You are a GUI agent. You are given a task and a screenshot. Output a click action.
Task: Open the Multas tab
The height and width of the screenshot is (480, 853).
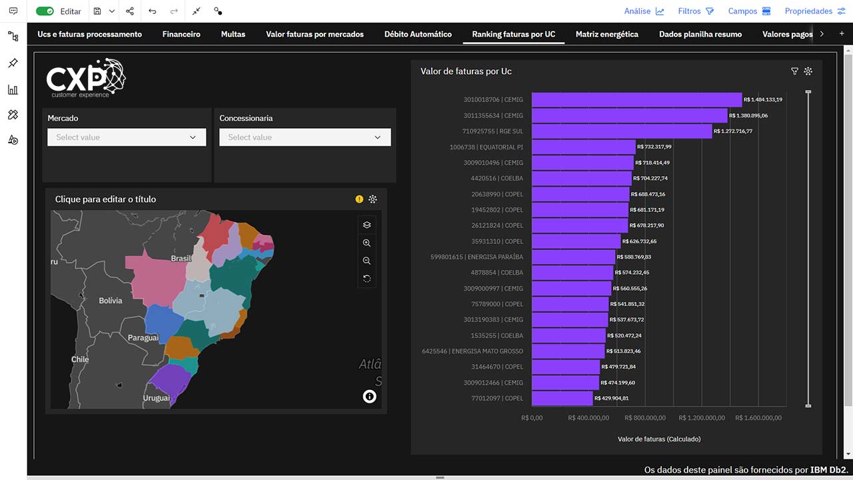[233, 34]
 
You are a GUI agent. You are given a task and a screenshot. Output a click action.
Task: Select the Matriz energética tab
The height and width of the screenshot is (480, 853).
[606, 34]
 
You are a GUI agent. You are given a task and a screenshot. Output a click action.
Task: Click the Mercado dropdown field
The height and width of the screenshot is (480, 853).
[127, 137]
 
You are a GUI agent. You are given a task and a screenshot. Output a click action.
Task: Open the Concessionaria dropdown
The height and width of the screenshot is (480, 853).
[305, 137]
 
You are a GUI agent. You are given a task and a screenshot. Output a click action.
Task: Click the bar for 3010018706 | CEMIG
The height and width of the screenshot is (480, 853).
[636, 100]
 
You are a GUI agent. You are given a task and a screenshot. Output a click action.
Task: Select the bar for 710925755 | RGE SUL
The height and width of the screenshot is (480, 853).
[622, 131]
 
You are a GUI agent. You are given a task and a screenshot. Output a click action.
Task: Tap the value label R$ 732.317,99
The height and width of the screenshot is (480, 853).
[654, 147]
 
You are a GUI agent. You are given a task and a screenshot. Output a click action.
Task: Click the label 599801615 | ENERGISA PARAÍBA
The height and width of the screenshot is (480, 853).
[476, 257]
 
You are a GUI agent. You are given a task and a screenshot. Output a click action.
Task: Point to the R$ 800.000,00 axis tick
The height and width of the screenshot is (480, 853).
[645, 418]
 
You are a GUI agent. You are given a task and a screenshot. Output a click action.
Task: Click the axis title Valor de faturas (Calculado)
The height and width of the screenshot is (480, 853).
[659, 439]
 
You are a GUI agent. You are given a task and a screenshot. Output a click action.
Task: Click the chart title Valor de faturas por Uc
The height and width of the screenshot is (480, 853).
[466, 71]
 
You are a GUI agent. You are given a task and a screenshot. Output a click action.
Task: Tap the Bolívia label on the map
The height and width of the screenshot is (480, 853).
[111, 301]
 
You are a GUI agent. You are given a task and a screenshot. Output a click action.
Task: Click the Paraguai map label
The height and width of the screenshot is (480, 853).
[143, 338]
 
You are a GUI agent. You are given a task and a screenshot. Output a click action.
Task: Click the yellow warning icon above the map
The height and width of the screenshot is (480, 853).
[359, 199]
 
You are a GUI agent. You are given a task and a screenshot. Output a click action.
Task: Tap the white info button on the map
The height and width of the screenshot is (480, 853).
[369, 397]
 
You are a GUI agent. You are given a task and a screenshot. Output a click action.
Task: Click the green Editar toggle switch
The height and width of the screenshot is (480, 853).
[45, 11]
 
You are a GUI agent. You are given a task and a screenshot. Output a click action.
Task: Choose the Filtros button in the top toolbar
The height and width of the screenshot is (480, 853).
[696, 11]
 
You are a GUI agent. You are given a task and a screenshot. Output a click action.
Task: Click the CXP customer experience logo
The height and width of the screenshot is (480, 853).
[86, 78]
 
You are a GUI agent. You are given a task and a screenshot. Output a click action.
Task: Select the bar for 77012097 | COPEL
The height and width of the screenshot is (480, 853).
[562, 399]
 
